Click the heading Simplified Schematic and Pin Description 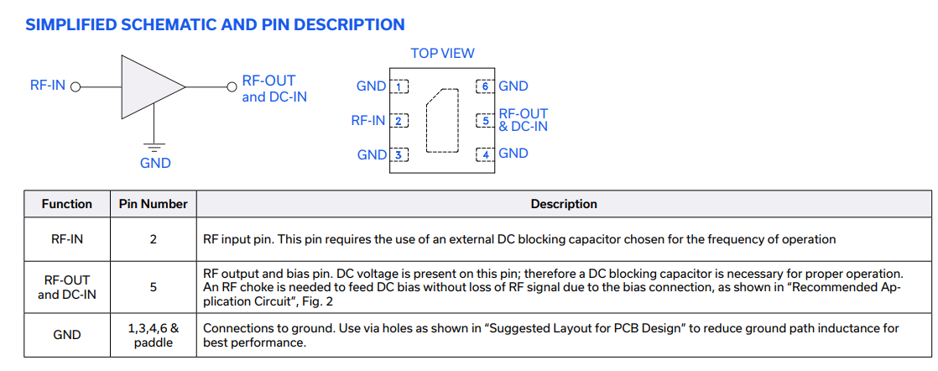[215, 24]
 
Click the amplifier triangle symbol [149, 86]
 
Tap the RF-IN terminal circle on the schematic [76, 86]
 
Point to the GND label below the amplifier [155, 163]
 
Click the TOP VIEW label [442, 53]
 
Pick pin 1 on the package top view [400, 86]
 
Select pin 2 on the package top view [400, 121]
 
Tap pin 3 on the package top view [400, 154]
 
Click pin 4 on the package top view [485, 154]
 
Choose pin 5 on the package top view [485, 121]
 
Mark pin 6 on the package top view [485, 86]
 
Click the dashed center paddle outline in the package [442, 121]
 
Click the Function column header [67, 204]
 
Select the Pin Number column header [153, 204]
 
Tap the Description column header [564, 204]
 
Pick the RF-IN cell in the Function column [67, 239]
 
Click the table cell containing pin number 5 [153, 287]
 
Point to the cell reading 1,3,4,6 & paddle [153, 335]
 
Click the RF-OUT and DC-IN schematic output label [274, 89]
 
